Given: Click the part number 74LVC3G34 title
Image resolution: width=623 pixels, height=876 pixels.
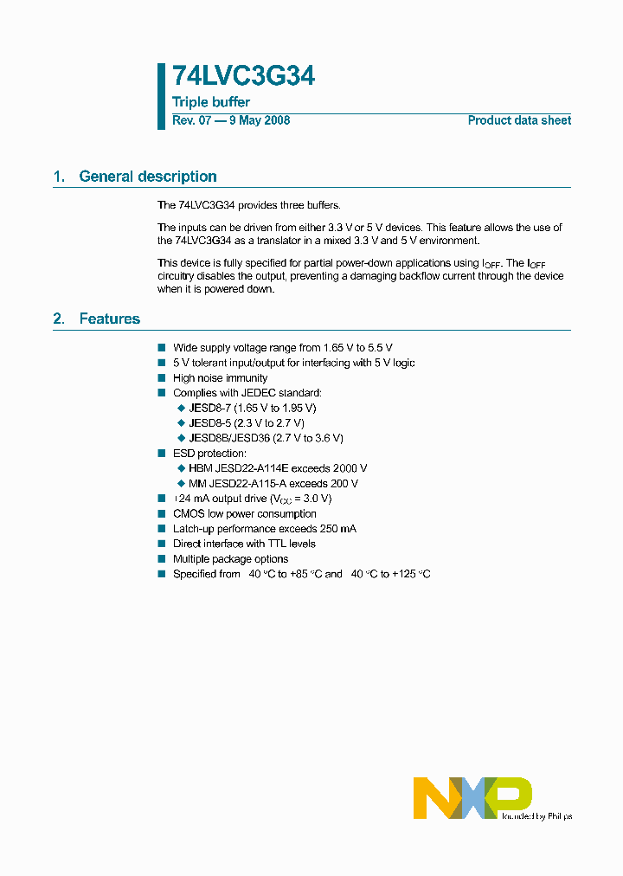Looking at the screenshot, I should pyautogui.click(x=243, y=77).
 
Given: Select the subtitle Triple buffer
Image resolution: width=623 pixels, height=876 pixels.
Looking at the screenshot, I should pyautogui.click(x=211, y=102).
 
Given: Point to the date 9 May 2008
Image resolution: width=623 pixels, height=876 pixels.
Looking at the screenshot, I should pyautogui.click(x=259, y=120).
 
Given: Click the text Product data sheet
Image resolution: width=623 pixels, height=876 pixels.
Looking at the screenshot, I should pyautogui.click(x=519, y=120).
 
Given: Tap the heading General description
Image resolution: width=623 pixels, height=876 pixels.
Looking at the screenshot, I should pyautogui.click(x=147, y=177).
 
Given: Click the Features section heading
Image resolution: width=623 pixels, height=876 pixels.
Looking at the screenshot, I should pyautogui.click(x=109, y=319).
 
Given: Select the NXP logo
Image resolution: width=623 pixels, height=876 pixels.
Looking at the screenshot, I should pyautogui.click(x=472, y=797).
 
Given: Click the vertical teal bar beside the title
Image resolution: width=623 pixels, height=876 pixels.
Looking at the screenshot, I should pyautogui.click(x=161, y=96).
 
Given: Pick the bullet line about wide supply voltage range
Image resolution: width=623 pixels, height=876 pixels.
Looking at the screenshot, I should pyautogui.click(x=282, y=348).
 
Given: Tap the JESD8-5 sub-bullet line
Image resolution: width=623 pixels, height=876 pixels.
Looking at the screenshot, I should pyautogui.click(x=246, y=423).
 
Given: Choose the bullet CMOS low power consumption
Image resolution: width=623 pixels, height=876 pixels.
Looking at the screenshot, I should pyautogui.click(x=245, y=514).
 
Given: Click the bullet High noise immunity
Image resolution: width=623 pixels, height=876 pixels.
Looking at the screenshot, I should pyautogui.click(x=220, y=378).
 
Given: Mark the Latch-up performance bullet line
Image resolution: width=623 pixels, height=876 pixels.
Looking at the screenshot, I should pyautogui.click(x=264, y=529).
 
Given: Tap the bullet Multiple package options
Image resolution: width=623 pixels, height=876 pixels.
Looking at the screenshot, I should pyautogui.click(x=230, y=559).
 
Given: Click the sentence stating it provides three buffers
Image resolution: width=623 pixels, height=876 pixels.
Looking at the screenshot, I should pyautogui.click(x=249, y=205).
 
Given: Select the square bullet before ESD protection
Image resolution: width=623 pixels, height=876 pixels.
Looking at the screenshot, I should pyautogui.click(x=161, y=454).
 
